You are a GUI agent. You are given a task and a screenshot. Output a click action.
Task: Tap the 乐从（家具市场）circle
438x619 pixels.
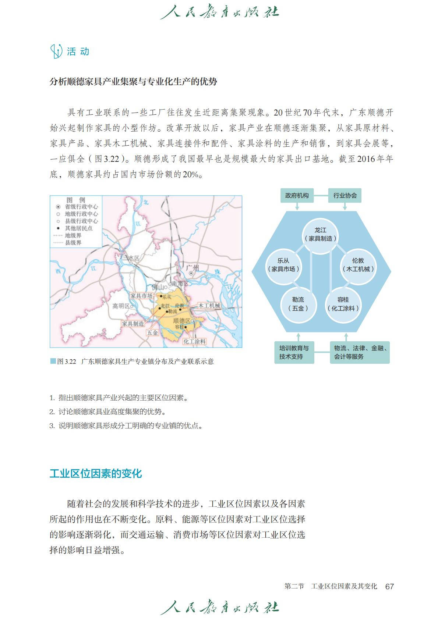(x=283, y=265)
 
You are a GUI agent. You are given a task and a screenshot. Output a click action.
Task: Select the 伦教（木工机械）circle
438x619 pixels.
(x=358, y=265)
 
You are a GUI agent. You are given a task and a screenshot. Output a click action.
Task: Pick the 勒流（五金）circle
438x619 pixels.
(x=298, y=304)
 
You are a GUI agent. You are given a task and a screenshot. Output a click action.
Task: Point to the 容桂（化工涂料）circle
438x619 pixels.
(x=343, y=304)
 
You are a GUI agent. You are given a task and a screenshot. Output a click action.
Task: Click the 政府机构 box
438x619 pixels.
(x=297, y=195)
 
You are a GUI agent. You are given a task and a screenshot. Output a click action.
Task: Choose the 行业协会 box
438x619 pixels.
(x=345, y=195)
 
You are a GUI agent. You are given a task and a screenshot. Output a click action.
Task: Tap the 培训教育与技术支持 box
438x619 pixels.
(x=294, y=352)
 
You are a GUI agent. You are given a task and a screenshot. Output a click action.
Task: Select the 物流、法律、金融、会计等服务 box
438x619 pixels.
(x=360, y=352)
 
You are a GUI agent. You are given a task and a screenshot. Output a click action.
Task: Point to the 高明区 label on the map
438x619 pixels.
(x=121, y=306)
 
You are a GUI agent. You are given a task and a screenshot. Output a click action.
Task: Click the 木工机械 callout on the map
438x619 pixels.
(x=209, y=306)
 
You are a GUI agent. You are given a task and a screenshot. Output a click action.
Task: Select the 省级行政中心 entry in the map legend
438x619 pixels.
(x=81, y=207)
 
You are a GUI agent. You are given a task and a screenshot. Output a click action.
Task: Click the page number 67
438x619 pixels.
(x=389, y=587)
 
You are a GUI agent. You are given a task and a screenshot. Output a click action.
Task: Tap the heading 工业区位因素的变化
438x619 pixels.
(x=96, y=473)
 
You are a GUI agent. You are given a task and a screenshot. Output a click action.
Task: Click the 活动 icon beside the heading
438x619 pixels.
(x=56, y=51)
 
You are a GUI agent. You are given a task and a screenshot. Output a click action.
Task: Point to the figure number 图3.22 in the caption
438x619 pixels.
(x=67, y=362)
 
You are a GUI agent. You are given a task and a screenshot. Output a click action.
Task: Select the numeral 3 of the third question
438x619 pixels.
(x=52, y=426)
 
